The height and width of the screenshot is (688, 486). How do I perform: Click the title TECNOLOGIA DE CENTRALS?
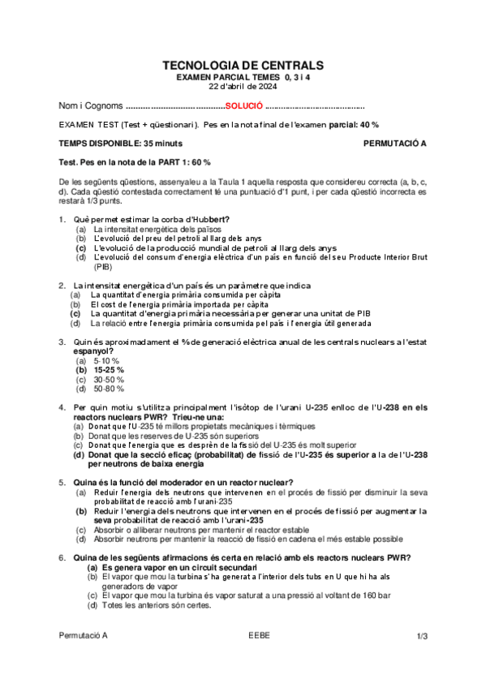click(243, 65)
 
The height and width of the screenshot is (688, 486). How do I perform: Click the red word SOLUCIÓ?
click(244, 106)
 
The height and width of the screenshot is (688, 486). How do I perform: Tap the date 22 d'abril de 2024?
click(243, 86)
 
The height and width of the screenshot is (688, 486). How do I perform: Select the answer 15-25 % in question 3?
click(109, 369)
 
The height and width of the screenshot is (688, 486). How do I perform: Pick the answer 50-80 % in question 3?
click(107, 389)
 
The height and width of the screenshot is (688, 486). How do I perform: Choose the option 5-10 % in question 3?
click(106, 359)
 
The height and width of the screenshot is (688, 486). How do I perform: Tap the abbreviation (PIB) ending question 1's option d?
click(103, 266)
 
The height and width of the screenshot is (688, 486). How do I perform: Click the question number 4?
click(62, 406)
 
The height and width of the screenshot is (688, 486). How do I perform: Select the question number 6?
click(62, 557)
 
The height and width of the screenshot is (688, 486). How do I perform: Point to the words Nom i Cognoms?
click(91, 106)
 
